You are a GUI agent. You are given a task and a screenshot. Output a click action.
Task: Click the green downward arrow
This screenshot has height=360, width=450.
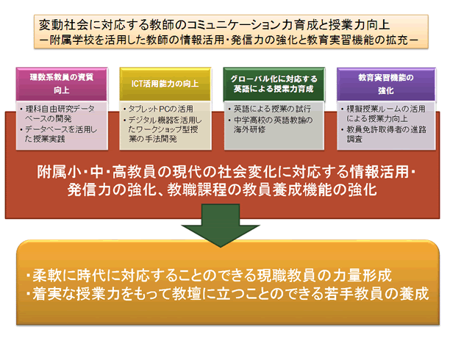coord(221,225)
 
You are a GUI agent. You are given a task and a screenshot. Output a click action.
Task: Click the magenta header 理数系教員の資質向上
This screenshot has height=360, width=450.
coord(62,84)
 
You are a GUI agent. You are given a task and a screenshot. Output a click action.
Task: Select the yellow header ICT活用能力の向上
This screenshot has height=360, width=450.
coord(165,84)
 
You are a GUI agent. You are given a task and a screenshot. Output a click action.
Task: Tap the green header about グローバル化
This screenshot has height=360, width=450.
coord(274,84)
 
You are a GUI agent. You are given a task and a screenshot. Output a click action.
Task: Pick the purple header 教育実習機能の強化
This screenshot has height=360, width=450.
coord(386,84)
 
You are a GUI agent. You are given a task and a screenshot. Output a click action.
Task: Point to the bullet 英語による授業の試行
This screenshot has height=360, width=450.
coord(269,109)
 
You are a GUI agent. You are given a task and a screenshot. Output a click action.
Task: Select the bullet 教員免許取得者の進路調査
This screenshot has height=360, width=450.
coord(383,134)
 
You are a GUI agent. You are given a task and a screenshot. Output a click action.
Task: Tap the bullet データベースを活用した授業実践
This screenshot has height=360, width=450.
coord(59,134)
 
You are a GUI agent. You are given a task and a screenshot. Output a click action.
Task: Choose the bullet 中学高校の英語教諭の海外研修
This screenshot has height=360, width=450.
coord(271,124)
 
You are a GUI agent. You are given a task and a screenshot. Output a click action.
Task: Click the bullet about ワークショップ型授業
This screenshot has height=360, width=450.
coord(162,129)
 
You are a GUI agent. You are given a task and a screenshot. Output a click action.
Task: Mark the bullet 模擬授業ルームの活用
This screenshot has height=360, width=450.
coord(383,114)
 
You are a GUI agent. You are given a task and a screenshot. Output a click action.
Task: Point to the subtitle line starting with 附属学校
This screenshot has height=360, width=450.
coord(229,40)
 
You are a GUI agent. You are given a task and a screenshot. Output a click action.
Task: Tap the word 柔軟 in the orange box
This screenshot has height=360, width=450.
coord(47,276)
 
